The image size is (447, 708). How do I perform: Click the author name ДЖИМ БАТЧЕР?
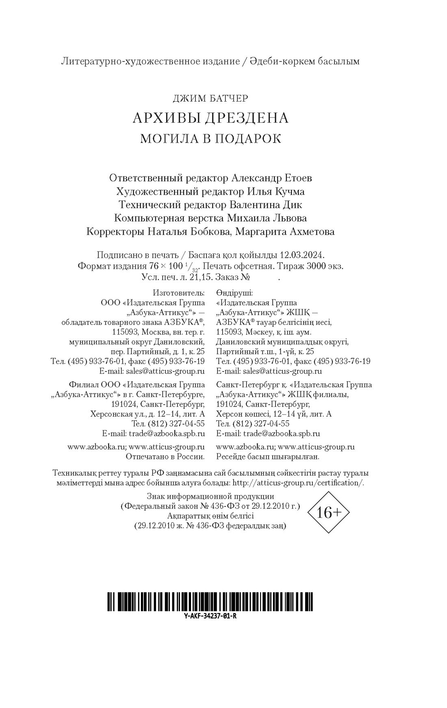(210, 98)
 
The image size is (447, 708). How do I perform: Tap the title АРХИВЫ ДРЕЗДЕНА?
(210, 118)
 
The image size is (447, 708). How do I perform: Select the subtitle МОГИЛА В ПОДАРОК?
(210, 139)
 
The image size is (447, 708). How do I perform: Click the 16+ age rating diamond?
(329, 513)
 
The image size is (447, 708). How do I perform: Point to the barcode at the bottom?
(210, 602)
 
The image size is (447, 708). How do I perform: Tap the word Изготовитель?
(179, 293)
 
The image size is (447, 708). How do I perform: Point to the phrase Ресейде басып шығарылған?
(268, 456)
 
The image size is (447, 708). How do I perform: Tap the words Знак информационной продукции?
(210, 496)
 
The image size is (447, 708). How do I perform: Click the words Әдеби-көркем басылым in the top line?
(311, 61)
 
